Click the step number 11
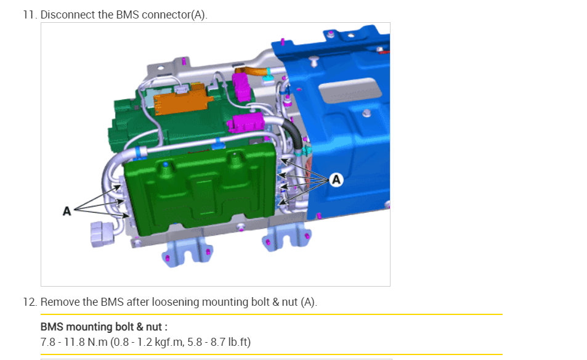point(30,15)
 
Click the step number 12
point(30,302)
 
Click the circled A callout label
point(336,180)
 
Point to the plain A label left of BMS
point(67,211)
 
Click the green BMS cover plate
point(200,189)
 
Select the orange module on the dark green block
point(182,99)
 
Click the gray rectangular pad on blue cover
point(350,90)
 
